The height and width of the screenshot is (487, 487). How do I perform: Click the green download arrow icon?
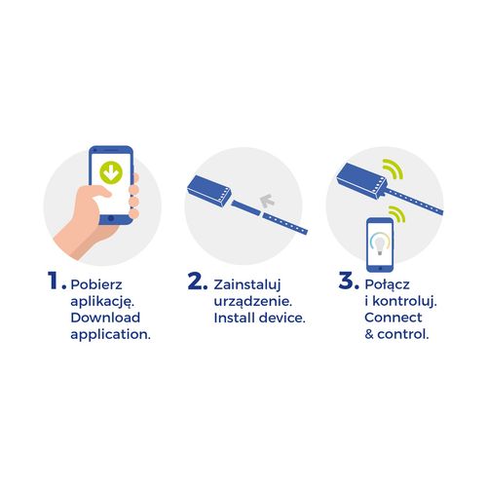[111, 172]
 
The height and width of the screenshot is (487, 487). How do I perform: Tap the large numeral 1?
[53, 281]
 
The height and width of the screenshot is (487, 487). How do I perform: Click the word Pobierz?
[96, 284]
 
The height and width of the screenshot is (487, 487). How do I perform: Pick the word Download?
[105, 318]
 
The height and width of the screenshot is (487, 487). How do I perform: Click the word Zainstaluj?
[247, 285]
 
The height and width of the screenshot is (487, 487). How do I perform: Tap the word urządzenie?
[253, 302]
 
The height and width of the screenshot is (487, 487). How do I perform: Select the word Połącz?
[387, 285]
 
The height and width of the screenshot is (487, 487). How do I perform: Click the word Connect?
[393, 318]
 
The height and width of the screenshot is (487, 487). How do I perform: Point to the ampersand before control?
[369, 334]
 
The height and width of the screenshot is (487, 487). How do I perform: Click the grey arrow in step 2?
[267, 201]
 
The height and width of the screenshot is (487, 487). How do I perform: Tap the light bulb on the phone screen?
[380, 245]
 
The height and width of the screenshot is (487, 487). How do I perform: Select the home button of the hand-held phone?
[111, 218]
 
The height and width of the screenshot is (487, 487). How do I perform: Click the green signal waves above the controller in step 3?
[393, 169]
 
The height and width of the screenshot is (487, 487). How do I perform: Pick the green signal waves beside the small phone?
[397, 214]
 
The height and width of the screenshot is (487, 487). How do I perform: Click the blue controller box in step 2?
[209, 191]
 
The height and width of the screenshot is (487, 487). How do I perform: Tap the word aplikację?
[102, 302]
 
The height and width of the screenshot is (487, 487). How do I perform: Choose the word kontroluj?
[404, 302]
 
